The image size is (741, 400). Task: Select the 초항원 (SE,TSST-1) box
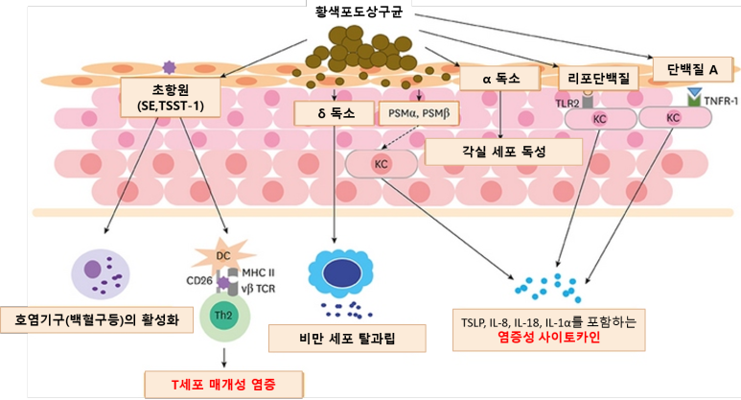pyautogui.click(x=171, y=97)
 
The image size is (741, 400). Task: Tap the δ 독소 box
pyautogui.click(x=335, y=113)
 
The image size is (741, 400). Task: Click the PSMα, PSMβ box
pyautogui.click(x=419, y=113)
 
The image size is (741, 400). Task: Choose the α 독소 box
pyautogui.click(x=503, y=80)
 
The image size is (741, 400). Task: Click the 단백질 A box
pyautogui.click(x=693, y=69)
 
